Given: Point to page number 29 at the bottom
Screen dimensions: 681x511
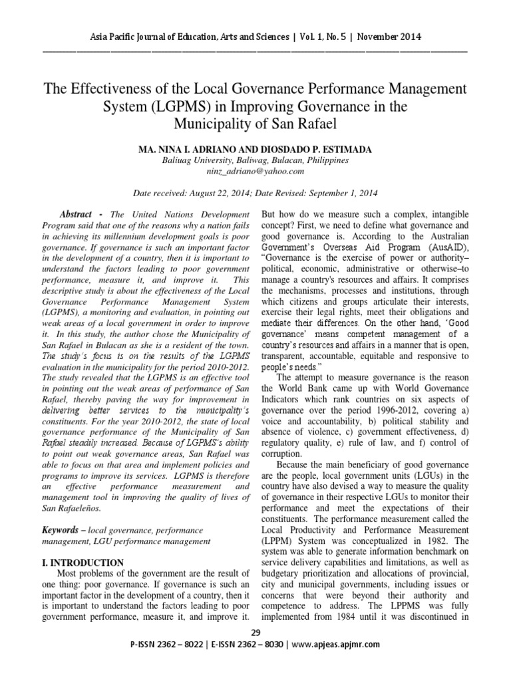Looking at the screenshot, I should pyautogui.click(x=255, y=632).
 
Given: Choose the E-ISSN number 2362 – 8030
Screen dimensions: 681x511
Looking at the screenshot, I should pyautogui.click(x=270, y=644).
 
